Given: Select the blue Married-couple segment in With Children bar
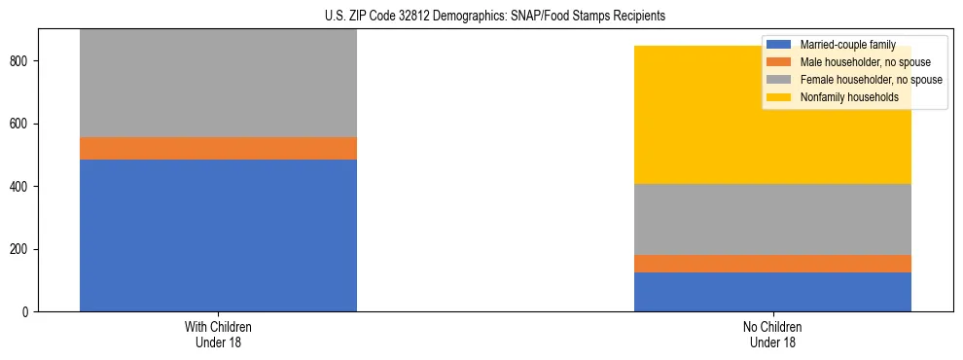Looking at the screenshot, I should tap(218, 235).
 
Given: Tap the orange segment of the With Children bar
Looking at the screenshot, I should tap(218, 148).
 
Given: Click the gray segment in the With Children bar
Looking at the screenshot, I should tap(218, 84).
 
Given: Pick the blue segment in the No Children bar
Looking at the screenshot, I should tap(772, 292).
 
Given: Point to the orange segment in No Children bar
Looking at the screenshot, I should tap(772, 264).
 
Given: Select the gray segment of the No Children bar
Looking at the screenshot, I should tap(772, 219).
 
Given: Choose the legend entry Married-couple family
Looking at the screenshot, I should tap(846, 45).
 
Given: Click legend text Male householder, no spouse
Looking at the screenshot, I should tap(862, 62).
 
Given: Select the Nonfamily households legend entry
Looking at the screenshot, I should tap(848, 97).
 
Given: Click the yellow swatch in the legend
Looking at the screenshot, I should tap(779, 97).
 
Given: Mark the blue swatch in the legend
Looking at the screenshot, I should tap(779, 45).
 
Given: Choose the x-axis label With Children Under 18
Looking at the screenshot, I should tap(218, 334).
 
